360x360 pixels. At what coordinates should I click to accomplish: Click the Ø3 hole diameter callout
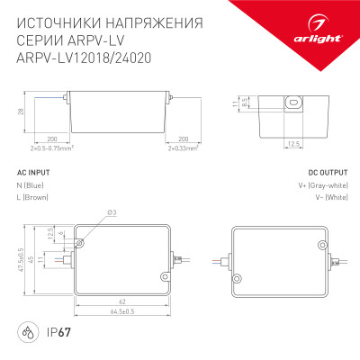[110, 212]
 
